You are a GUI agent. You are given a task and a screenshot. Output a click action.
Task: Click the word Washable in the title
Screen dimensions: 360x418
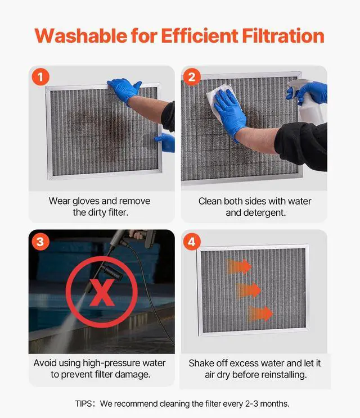tap(81, 36)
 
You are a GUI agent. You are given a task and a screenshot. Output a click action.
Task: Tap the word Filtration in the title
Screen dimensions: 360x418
tap(283, 36)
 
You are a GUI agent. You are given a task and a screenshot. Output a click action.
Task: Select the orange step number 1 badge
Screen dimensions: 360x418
tap(40, 77)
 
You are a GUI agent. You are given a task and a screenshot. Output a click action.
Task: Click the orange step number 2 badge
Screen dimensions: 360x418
tap(192, 77)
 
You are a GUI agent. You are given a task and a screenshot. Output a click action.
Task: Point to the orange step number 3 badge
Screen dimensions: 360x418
tap(40, 242)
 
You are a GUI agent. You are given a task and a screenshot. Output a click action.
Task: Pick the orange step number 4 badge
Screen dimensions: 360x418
tap(192, 242)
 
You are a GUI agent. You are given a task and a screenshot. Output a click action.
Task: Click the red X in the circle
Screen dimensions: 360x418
tap(102, 293)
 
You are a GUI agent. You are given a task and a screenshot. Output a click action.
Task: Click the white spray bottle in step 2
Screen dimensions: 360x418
tap(308, 103)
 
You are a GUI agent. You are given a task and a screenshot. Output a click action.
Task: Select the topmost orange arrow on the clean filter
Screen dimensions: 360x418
tap(239, 266)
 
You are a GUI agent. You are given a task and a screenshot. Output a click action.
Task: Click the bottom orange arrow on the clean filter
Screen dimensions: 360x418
tap(260, 313)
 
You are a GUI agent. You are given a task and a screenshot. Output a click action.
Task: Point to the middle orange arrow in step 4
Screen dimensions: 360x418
tap(249, 290)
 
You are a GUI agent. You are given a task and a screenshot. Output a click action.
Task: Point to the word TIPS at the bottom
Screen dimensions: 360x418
tap(83, 403)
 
